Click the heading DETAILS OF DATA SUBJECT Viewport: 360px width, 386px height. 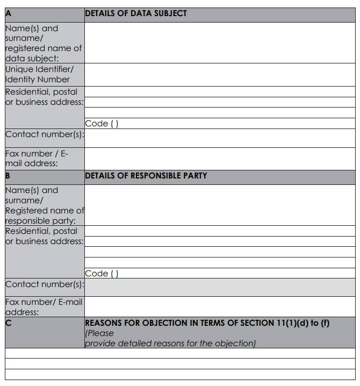pyautogui.click(x=136, y=13)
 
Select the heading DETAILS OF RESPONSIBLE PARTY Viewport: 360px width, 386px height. pyautogui.click(x=146, y=176)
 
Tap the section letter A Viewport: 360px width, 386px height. pyautogui.click(x=9, y=13)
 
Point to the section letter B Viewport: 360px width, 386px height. pyautogui.click(x=9, y=176)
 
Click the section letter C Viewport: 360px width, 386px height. pyautogui.click(x=9, y=323)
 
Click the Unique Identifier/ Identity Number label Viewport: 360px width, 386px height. pyautogui.click(x=38, y=74)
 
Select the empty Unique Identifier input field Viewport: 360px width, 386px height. pyautogui.click(x=219, y=74)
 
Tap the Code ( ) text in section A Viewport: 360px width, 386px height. pyautogui.click(x=102, y=124)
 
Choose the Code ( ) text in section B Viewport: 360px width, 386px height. pyautogui.click(x=102, y=273)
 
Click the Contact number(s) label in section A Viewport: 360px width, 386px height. pyautogui.click(x=44, y=134)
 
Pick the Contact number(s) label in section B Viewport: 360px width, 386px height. pyautogui.click(x=44, y=284)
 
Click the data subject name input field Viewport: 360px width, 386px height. pyautogui.click(x=219, y=42)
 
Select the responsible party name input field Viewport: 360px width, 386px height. pyautogui.click(x=219, y=205)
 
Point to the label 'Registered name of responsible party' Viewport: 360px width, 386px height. pyautogui.click(x=44, y=216)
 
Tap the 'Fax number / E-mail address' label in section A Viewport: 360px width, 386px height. pyautogui.click(x=37, y=158)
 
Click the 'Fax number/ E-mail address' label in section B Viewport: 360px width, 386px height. pyautogui.click(x=43, y=306)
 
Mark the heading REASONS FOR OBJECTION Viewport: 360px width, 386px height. pyautogui.click(x=207, y=323)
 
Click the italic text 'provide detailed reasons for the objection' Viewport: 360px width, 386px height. pyautogui.click(x=170, y=343)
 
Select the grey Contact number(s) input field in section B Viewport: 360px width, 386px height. pyautogui.click(x=219, y=287)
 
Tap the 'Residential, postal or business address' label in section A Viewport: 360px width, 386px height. pyautogui.click(x=44, y=97)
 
